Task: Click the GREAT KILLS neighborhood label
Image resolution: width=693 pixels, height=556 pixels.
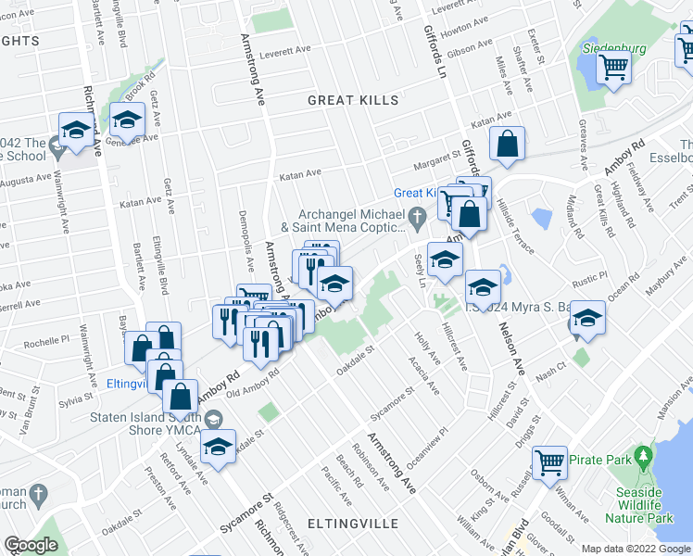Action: coord(352,100)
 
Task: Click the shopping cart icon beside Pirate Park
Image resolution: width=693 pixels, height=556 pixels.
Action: coord(549,460)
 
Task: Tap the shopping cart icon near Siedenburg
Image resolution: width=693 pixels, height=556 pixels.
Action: coord(613,66)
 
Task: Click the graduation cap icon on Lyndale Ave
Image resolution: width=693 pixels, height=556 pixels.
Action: coord(217,446)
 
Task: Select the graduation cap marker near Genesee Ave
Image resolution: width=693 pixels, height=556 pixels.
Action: coord(127,119)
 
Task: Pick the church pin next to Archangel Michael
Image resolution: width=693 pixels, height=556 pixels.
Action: coord(418,220)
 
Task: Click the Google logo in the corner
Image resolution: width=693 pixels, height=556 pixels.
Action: coord(31,545)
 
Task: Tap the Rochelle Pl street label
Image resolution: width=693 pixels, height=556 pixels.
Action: coord(47,341)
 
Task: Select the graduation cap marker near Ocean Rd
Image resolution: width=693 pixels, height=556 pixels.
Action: coord(586,318)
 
